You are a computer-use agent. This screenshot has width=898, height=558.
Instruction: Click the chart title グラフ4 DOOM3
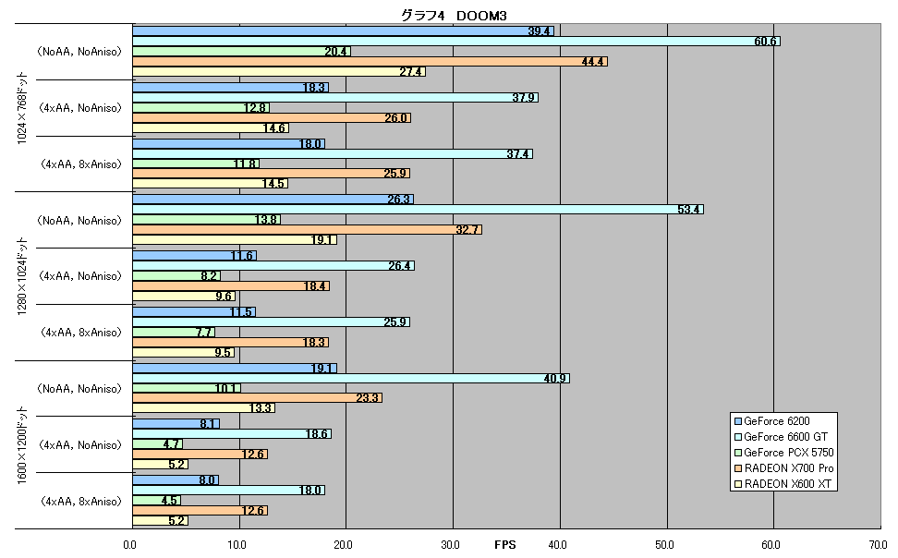pyautogui.click(x=454, y=16)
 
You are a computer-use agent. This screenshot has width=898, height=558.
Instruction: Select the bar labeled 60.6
pyautogui.click(x=456, y=42)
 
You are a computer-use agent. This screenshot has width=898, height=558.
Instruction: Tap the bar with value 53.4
pyautogui.click(x=419, y=210)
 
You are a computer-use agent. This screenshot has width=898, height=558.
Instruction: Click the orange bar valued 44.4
pyautogui.click(x=370, y=61)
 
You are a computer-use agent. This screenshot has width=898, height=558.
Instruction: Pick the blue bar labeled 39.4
pyautogui.click(x=344, y=30)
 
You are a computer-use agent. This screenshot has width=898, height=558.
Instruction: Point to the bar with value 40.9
pyautogui.click(x=351, y=379)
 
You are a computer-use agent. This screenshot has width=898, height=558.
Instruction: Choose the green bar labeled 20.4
pyautogui.click(x=242, y=52)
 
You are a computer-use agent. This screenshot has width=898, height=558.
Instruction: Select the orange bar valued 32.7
pyautogui.click(x=308, y=230)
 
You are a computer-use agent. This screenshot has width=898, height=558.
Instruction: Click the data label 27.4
pyautogui.click(x=410, y=72)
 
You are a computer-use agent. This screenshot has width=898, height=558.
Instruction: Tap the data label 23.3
pyautogui.click(x=367, y=398)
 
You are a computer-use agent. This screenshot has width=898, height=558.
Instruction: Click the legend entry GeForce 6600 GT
pyautogui.click(x=782, y=437)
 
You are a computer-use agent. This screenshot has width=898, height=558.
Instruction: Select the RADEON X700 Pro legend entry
pyautogui.click(x=784, y=468)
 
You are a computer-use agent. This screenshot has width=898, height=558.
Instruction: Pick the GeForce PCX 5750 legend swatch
pyautogui.click(x=738, y=453)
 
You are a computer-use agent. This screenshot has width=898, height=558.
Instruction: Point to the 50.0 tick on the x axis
pyautogui.click(x=665, y=545)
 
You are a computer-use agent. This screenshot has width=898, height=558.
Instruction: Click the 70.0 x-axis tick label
pyautogui.click(x=878, y=545)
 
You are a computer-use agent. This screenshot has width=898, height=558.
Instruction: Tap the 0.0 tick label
pyautogui.click(x=130, y=545)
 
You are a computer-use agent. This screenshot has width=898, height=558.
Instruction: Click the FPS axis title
pyautogui.click(x=505, y=545)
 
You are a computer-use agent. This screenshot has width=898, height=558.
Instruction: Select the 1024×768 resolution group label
pyautogui.click(x=22, y=108)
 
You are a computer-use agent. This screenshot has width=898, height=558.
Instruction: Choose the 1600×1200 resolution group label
pyautogui.click(x=22, y=445)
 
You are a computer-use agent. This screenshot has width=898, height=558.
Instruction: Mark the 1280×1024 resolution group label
pyautogui.click(x=22, y=276)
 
